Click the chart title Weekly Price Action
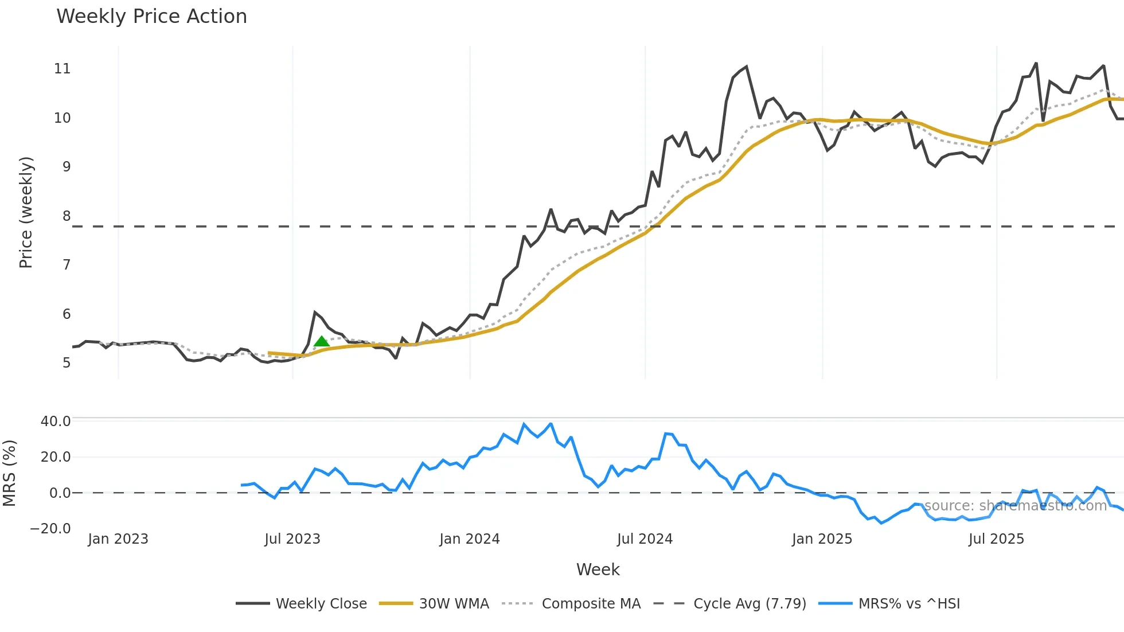coord(151,17)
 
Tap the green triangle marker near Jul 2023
coord(322,342)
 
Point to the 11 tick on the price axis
coord(62,69)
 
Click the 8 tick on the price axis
coord(67,216)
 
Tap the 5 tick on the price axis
coord(67,363)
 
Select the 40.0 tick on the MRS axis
coord(56,422)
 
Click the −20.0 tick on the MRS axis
coord(50,529)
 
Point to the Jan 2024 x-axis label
coord(470,539)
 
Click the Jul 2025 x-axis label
coord(996,539)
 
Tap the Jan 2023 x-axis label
coord(118,539)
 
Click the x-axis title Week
coord(598,569)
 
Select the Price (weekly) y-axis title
coord(26,212)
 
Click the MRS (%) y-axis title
coord(9,473)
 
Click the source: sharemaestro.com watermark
coord(1015,506)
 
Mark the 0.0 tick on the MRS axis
coord(60,493)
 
